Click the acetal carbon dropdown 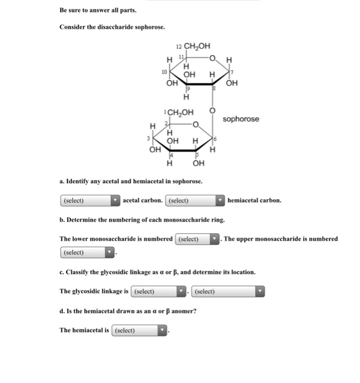click(x=90, y=200)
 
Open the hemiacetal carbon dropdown click(x=195, y=200)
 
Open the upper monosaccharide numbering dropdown click(x=88, y=252)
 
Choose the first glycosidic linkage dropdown click(x=159, y=291)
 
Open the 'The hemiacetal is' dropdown click(x=140, y=330)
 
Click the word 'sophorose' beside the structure click(x=241, y=119)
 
